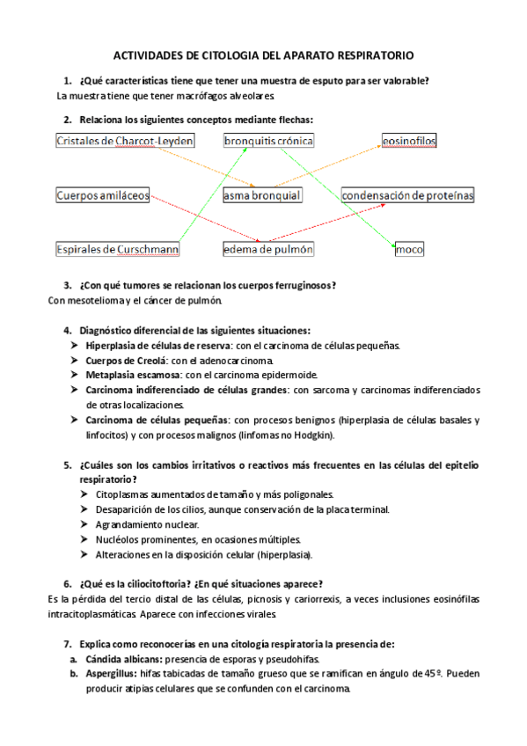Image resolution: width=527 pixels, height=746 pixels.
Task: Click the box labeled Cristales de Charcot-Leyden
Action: (x=124, y=141)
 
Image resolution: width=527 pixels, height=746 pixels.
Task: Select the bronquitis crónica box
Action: (x=268, y=141)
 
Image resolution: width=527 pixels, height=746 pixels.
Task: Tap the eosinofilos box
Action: (x=409, y=141)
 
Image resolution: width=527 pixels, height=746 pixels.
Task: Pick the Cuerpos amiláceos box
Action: (x=103, y=195)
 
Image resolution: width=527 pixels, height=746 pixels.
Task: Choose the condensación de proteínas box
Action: (x=407, y=195)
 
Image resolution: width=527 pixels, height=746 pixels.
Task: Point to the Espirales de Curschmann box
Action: (x=118, y=250)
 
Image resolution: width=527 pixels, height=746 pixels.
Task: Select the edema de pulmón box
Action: (x=268, y=250)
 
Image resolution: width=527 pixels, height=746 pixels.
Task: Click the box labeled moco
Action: (x=409, y=250)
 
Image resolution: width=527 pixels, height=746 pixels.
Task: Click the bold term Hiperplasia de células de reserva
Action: (x=157, y=346)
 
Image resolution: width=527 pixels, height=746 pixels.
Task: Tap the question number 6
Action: (x=68, y=584)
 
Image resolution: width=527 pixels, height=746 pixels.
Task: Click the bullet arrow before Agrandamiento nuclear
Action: (x=84, y=525)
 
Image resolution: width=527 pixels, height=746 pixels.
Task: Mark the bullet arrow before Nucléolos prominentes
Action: (x=84, y=540)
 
